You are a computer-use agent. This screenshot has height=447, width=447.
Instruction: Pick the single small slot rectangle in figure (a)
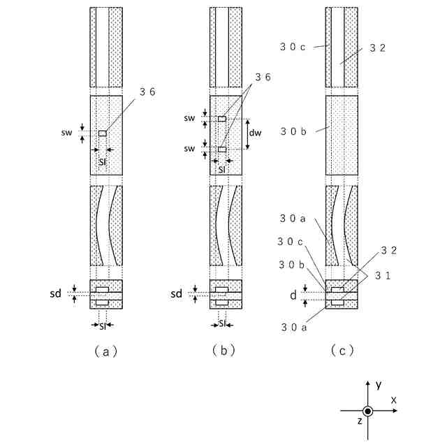click(103, 133)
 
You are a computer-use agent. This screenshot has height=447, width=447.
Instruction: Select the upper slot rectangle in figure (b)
click(221, 119)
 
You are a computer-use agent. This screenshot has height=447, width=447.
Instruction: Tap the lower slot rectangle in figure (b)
click(221, 149)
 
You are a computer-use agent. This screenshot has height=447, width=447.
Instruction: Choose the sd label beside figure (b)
click(177, 294)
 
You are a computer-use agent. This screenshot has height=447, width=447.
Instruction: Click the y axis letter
click(378, 385)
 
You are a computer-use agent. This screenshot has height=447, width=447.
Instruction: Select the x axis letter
click(395, 400)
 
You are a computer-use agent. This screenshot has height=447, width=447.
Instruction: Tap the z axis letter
click(359, 420)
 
